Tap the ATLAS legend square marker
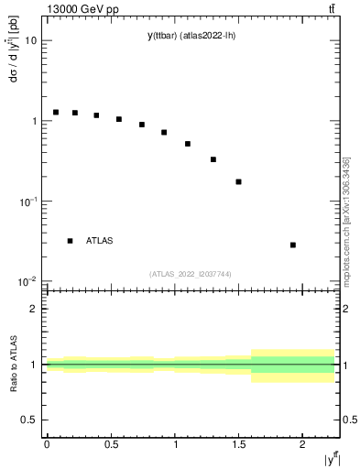click(70, 241)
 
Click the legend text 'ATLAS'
click(100, 241)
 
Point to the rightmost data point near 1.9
click(293, 245)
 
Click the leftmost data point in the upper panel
click(56, 112)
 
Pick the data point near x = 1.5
click(239, 181)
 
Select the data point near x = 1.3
click(213, 159)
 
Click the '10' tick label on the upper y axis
click(31, 41)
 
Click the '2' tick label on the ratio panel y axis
click(35, 309)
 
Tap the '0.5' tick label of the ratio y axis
click(30, 420)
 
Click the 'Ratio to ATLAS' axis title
click(12, 364)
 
